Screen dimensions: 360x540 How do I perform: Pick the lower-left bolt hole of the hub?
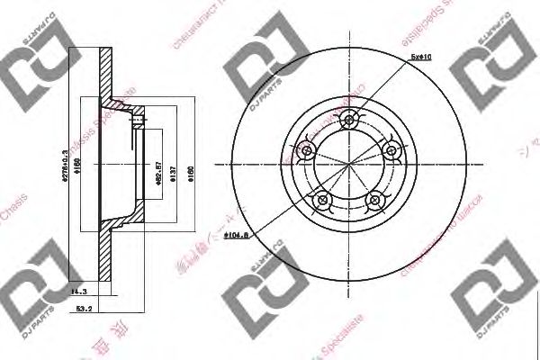(321, 201)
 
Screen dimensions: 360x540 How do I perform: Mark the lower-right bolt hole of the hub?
(375, 201)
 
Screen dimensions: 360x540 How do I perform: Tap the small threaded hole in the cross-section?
(137, 117)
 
